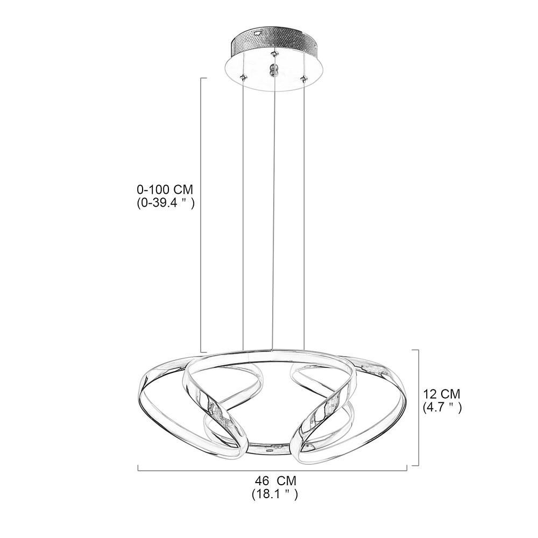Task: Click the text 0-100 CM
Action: [164, 190]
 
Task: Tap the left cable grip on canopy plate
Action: [244, 77]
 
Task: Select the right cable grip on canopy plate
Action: [305, 79]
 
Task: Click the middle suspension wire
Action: [274, 215]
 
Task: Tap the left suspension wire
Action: [244, 215]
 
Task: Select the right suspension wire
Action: [305, 215]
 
